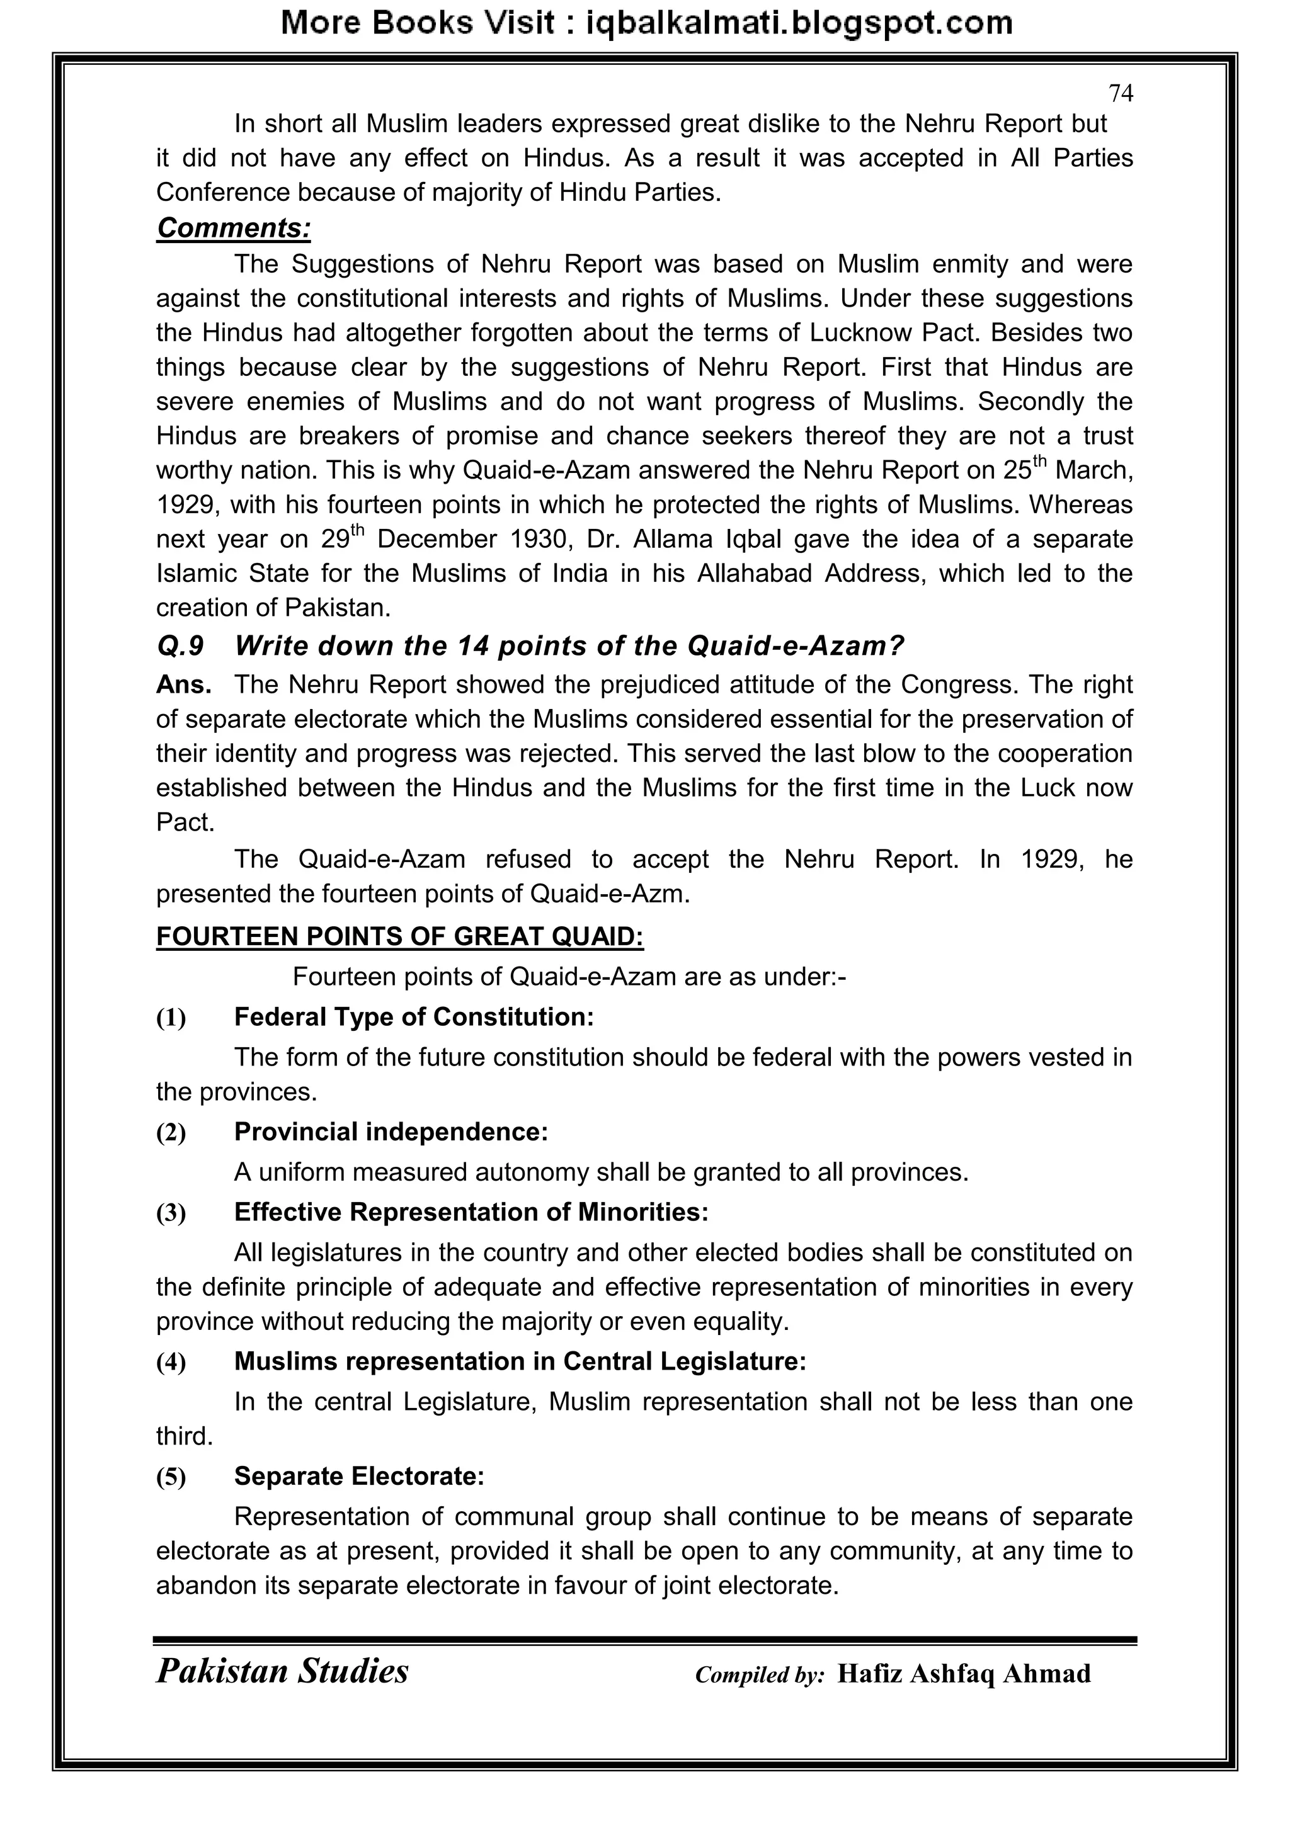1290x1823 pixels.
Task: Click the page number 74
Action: tap(1120, 94)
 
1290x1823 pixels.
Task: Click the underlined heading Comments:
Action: tap(234, 228)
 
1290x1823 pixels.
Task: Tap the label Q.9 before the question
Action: tap(180, 646)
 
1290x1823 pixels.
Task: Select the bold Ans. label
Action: tap(183, 684)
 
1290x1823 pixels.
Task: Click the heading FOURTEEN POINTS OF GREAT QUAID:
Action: tap(399, 937)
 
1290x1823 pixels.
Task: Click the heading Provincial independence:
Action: tap(391, 1132)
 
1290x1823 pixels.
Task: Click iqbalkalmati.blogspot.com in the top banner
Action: tap(798, 24)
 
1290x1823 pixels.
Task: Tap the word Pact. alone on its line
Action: tap(185, 822)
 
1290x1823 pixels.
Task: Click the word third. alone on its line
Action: tap(185, 1436)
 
